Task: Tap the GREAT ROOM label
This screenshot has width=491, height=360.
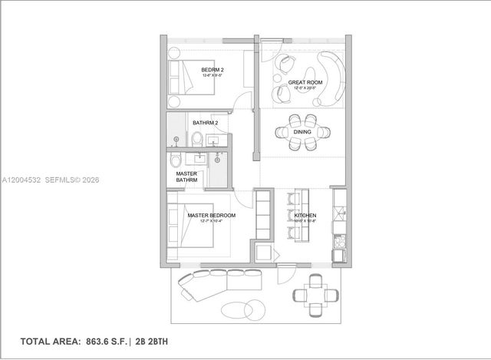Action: [304, 82]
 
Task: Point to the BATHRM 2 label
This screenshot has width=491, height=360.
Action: [206, 123]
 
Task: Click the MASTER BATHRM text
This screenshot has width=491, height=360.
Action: [186, 177]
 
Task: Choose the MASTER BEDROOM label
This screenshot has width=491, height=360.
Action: [211, 216]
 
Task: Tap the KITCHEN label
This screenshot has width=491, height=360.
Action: [305, 216]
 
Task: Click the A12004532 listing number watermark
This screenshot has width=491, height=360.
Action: [20, 180]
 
